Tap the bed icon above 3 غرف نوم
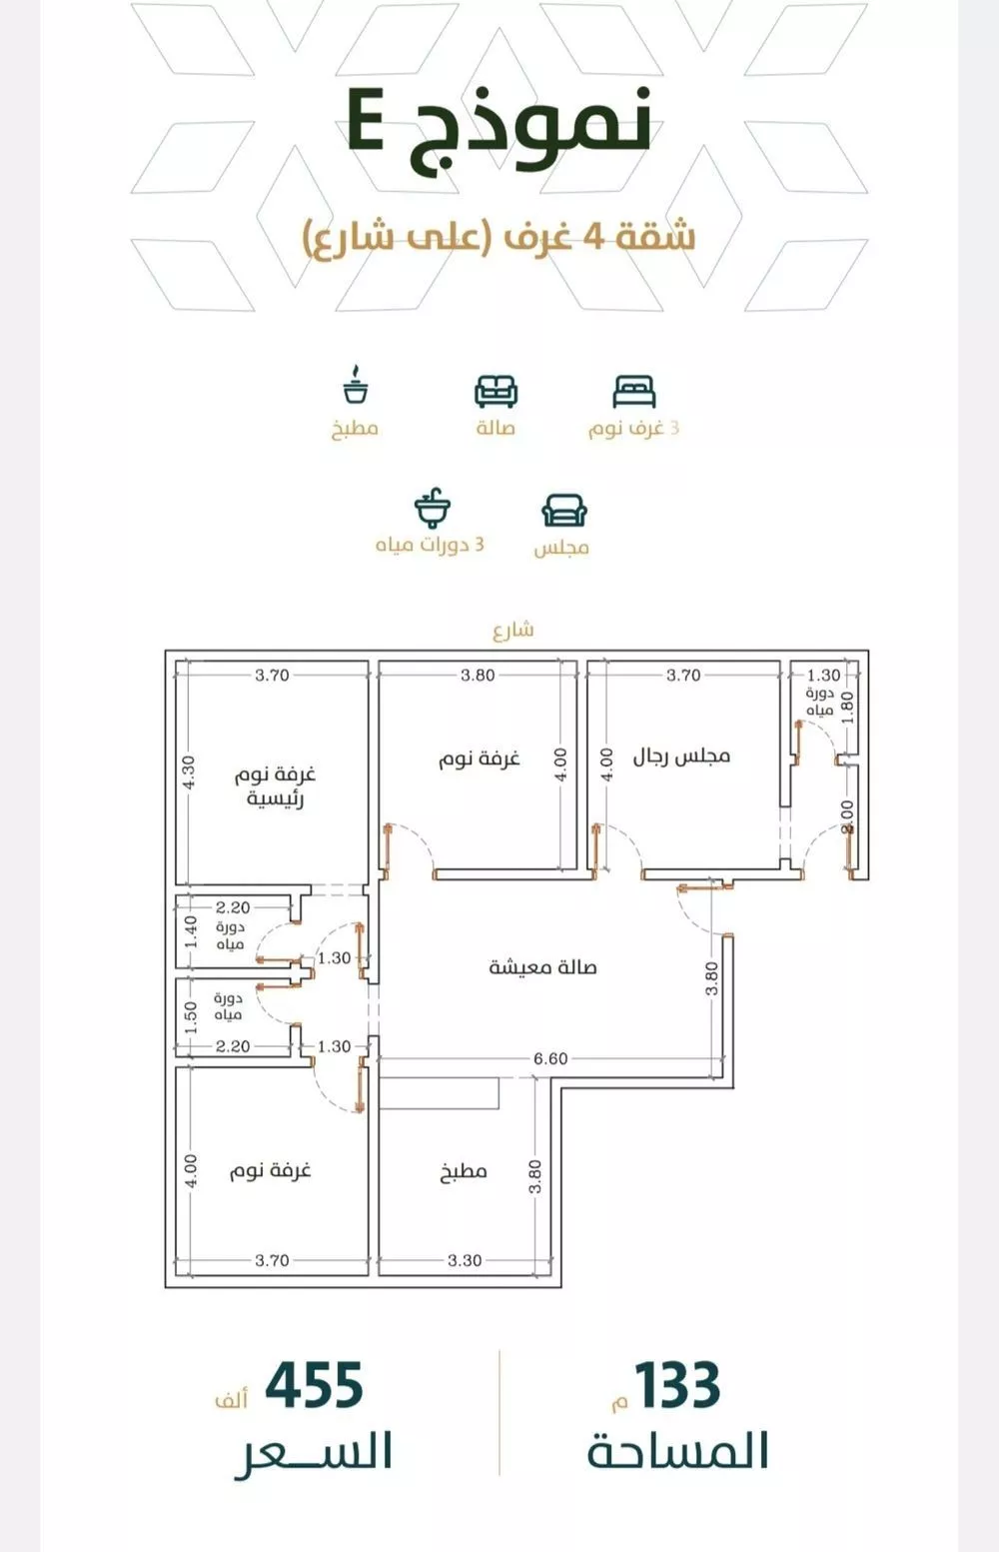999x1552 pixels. [x=634, y=391]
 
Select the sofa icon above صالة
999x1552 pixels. [x=496, y=391]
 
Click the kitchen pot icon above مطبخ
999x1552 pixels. [x=355, y=386]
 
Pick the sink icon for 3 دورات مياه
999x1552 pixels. [x=432, y=508]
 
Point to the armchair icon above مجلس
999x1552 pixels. [x=564, y=510]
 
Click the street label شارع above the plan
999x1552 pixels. [x=513, y=630]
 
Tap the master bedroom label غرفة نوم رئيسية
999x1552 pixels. [x=275, y=786]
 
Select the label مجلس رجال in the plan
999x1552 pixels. [x=681, y=756]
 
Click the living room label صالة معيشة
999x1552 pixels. [x=542, y=966]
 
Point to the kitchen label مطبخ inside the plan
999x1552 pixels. [x=464, y=1171]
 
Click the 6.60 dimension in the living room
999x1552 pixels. [x=550, y=1058]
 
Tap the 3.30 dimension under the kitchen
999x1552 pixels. [x=465, y=1260]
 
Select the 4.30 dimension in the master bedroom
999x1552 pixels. [x=190, y=772]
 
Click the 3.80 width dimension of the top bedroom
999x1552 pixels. [x=478, y=675]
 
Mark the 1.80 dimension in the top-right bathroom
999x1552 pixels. [x=847, y=707]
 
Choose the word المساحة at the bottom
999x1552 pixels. [x=677, y=1451]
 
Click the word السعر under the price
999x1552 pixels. [x=313, y=1453]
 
